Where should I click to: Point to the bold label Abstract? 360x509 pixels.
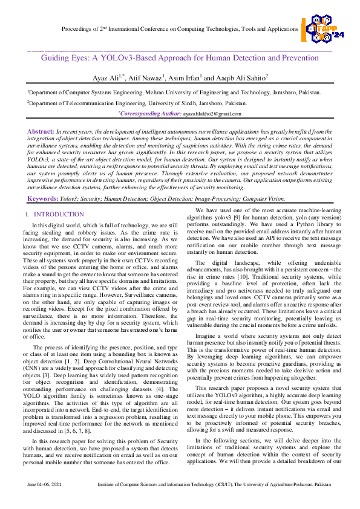[41, 131]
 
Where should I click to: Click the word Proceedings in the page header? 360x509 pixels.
[80, 29]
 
